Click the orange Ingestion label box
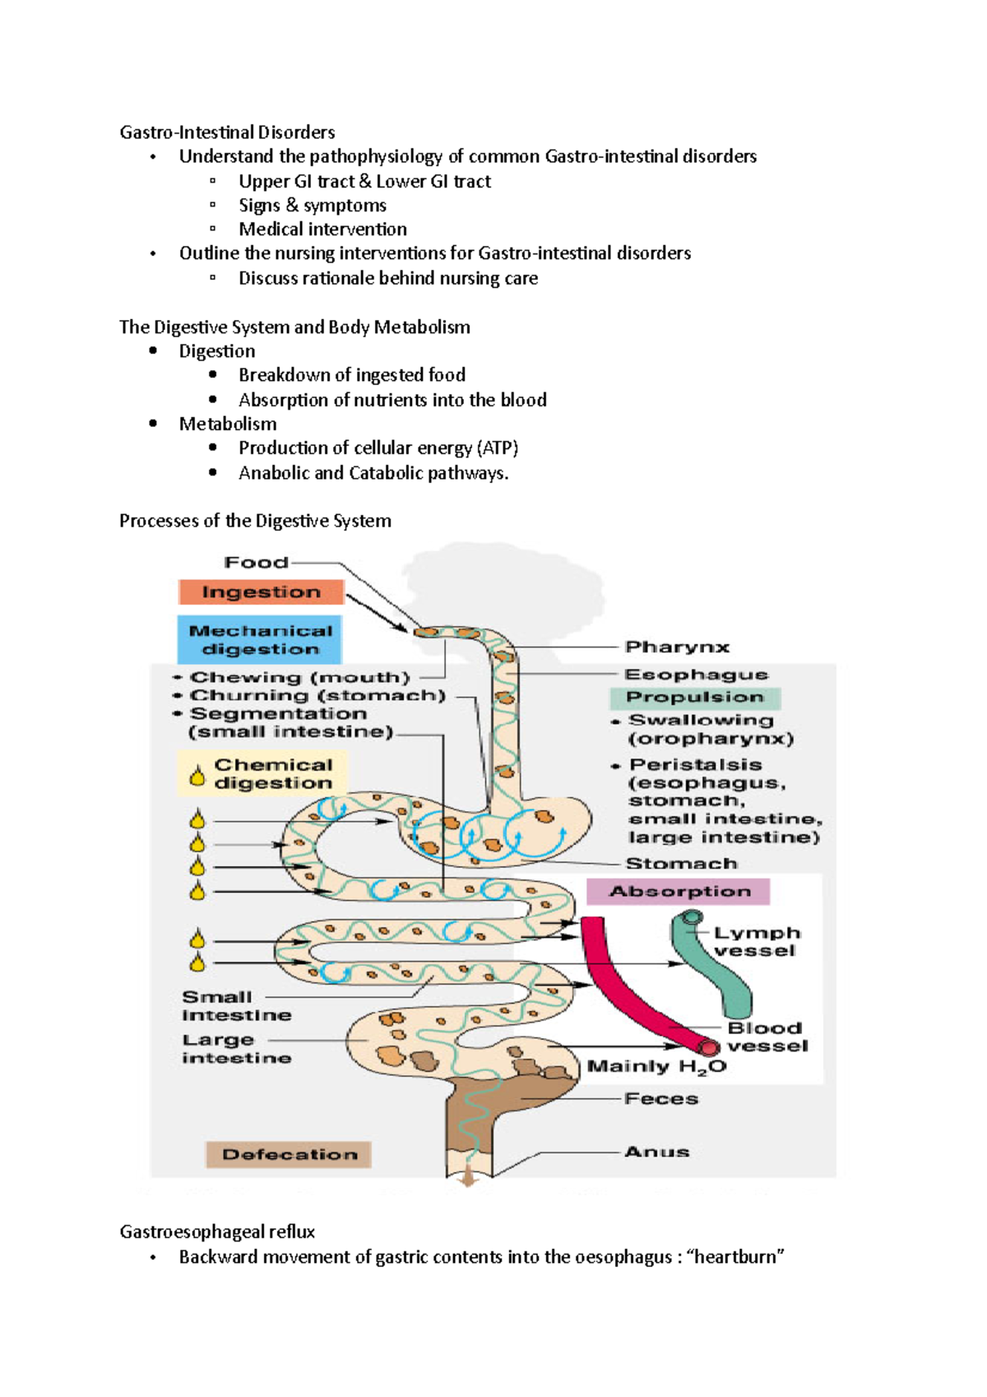(261, 592)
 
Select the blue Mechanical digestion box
(260, 640)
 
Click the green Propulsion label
(695, 698)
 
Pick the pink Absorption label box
(679, 892)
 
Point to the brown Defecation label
(289, 1154)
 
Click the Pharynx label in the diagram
(677, 647)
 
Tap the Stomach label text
(681, 864)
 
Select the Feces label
(661, 1099)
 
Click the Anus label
(656, 1152)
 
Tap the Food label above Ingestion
(257, 563)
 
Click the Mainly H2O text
(656, 1067)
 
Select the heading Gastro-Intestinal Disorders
(227, 132)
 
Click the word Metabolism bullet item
(228, 424)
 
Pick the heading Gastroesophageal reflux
(217, 1232)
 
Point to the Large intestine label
(236, 1049)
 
